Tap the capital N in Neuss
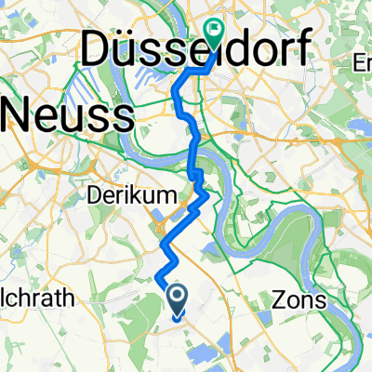[21, 115]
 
